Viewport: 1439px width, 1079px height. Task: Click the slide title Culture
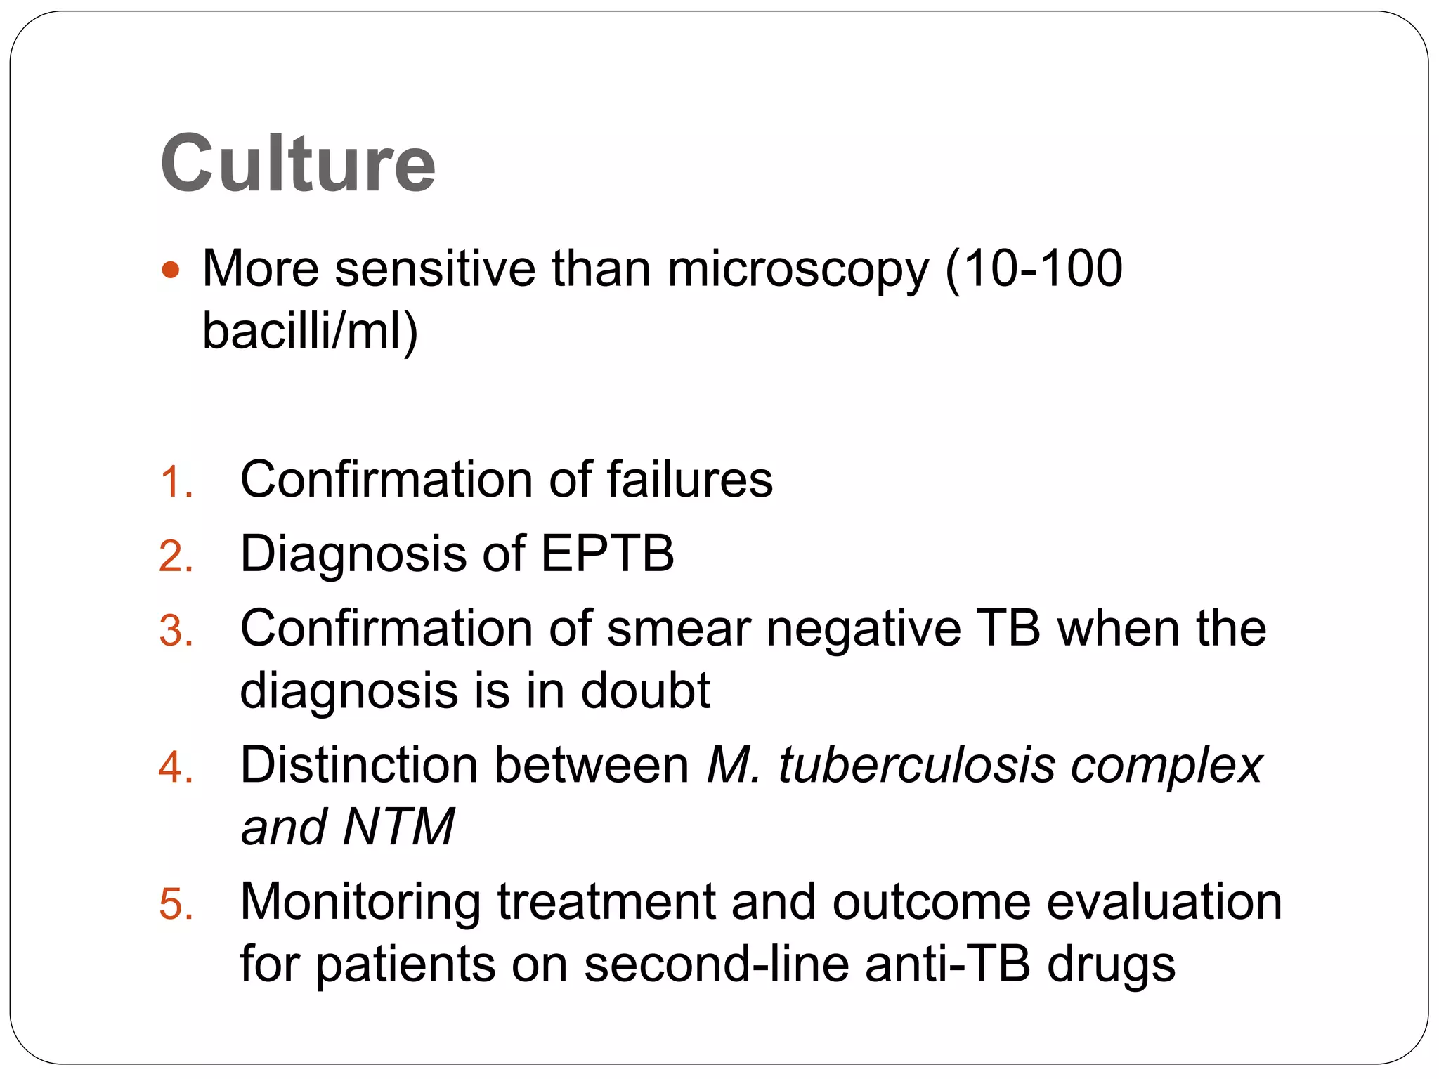click(298, 164)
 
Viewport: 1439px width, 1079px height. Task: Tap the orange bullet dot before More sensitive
click(171, 270)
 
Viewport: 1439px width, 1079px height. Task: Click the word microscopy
click(797, 270)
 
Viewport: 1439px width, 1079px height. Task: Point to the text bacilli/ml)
click(310, 330)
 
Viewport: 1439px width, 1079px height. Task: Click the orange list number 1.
click(175, 483)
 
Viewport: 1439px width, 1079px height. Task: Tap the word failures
click(689, 480)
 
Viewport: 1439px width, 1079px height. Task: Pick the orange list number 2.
click(175, 557)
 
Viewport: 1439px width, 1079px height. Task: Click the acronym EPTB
click(607, 554)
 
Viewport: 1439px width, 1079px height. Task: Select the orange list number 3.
click(175, 631)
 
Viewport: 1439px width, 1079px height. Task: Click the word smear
click(679, 628)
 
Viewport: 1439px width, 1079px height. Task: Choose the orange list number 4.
click(175, 767)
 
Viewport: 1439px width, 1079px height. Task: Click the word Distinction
click(358, 765)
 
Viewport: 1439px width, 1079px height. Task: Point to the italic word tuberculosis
click(916, 765)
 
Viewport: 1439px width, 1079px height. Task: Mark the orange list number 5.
click(175, 904)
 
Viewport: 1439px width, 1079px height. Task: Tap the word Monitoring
click(360, 903)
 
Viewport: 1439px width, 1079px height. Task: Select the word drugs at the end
click(1111, 964)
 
